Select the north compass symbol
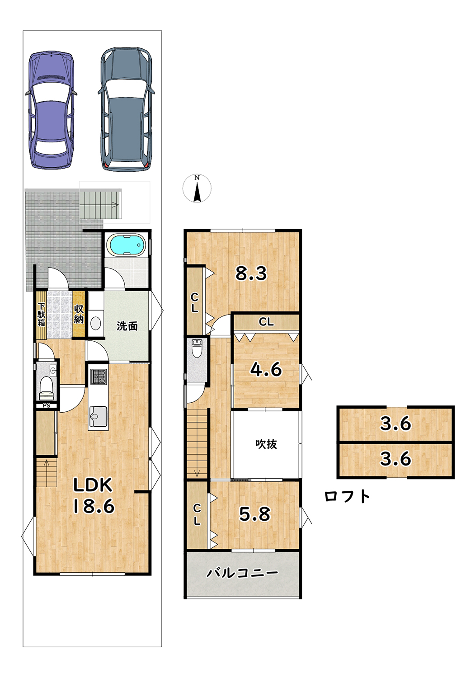(197, 188)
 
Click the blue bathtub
(127, 244)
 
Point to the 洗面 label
(127, 326)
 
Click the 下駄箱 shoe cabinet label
(41, 315)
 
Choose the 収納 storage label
(78, 315)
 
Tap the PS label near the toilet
(46, 406)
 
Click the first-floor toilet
(46, 388)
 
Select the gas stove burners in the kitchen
(98, 377)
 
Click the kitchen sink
(98, 416)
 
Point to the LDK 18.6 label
(94, 495)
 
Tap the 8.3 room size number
(251, 273)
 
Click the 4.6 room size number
(265, 369)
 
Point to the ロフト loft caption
(347, 496)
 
